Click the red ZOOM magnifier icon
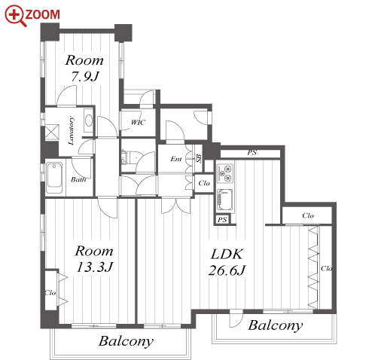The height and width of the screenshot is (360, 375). [x=16, y=16]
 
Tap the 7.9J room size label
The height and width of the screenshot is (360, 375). [x=85, y=76]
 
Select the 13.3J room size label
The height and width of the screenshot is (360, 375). [x=95, y=267]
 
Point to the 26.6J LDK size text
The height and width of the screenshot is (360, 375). [x=227, y=270]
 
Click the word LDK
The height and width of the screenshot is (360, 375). [x=227, y=254]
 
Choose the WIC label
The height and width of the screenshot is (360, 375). [x=138, y=123]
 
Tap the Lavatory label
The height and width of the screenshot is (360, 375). [x=72, y=130]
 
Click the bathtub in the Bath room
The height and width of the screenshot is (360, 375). [x=54, y=178]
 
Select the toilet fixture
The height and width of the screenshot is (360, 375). [x=127, y=157]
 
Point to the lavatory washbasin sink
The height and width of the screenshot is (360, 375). [x=88, y=121]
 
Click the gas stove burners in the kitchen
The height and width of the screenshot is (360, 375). [x=225, y=172]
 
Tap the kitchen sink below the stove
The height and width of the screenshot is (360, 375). [x=225, y=200]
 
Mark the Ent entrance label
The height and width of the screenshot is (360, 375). [x=176, y=159]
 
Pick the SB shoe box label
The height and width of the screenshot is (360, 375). [x=199, y=159]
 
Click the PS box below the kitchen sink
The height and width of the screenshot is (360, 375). [x=222, y=220]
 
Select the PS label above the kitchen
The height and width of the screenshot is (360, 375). [x=252, y=152]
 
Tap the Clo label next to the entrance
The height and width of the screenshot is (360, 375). [x=204, y=183]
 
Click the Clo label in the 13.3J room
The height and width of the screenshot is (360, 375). [x=50, y=293]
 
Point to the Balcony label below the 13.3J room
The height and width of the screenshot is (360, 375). [x=126, y=341]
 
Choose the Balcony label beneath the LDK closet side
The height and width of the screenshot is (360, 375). [x=276, y=326]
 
